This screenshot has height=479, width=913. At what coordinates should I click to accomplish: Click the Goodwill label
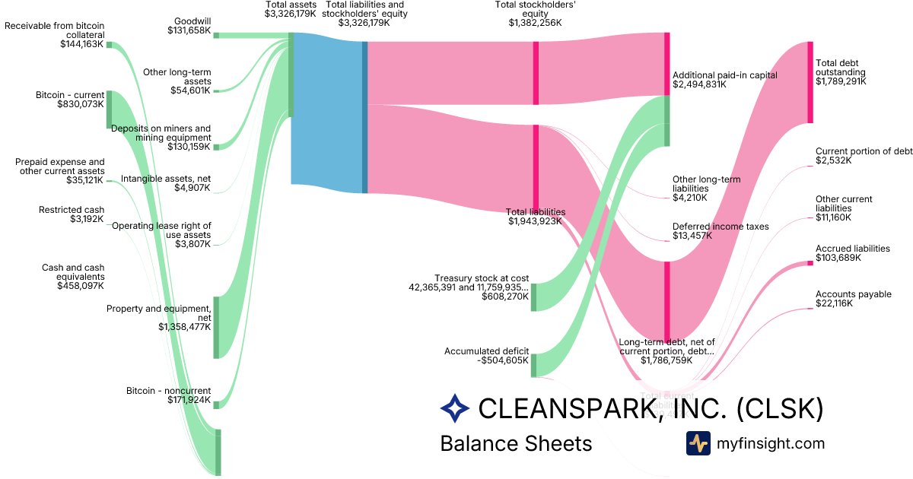(x=192, y=21)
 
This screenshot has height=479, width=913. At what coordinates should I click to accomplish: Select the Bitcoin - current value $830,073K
(x=80, y=104)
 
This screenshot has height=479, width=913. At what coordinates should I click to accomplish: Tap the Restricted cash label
(x=72, y=210)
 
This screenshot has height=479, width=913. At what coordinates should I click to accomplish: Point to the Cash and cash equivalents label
(x=74, y=272)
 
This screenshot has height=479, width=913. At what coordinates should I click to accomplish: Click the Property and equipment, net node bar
(x=216, y=327)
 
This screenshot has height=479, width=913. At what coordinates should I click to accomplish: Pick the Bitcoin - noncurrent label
(x=169, y=391)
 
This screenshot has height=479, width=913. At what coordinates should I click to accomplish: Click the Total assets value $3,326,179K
(x=290, y=14)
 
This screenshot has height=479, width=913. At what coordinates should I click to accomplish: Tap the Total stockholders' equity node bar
(x=536, y=72)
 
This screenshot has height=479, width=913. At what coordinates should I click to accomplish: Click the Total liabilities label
(x=536, y=212)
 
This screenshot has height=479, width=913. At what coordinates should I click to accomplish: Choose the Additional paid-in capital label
(x=725, y=75)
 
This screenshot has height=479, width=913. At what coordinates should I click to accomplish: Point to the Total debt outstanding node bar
(x=810, y=82)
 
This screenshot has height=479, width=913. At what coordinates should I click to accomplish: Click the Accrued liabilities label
(x=852, y=249)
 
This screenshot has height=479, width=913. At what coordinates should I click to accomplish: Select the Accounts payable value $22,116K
(x=834, y=303)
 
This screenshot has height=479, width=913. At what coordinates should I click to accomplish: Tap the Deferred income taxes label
(x=721, y=227)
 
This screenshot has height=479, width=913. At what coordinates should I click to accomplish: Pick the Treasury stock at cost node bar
(x=533, y=297)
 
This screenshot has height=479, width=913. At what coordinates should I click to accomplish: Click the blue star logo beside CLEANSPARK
(x=455, y=408)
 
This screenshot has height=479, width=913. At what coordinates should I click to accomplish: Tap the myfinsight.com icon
(x=698, y=443)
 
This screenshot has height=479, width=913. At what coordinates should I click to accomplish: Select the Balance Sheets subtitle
(x=516, y=443)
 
